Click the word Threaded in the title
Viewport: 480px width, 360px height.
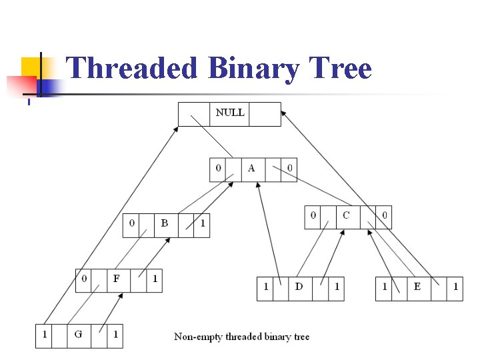click(133, 69)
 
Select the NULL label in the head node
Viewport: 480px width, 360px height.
click(230, 113)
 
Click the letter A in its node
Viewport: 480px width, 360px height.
click(251, 168)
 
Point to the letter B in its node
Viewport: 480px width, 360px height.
click(165, 223)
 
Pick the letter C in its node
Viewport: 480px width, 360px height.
click(346, 215)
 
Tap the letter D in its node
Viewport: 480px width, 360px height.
click(299, 287)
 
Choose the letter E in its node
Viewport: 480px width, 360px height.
click(417, 287)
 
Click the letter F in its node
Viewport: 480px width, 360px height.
click(117, 279)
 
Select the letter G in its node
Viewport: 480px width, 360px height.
click(78, 334)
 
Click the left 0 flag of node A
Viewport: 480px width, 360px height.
click(218, 168)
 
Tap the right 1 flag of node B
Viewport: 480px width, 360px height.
click(203, 223)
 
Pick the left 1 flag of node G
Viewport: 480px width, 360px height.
click(44, 334)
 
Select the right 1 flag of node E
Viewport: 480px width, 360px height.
click(455, 287)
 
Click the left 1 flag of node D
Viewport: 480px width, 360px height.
click(265, 287)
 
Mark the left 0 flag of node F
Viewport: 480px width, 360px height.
click(83, 279)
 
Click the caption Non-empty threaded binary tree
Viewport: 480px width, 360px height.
click(242, 337)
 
